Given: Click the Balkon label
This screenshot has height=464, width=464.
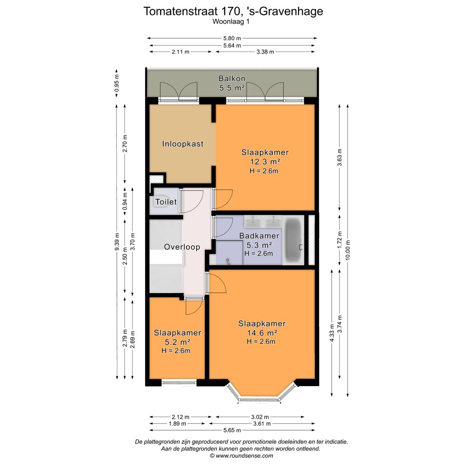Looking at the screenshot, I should (232, 79).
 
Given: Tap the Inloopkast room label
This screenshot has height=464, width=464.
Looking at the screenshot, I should (183, 144).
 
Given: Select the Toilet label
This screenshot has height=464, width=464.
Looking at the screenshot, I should (166, 201).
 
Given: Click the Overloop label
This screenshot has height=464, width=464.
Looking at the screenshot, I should (182, 247).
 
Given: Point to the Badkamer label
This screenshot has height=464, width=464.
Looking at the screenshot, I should (259, 236).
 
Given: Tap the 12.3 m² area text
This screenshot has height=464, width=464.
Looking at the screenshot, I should (265, 162).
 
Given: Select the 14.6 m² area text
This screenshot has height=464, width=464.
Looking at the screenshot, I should (262, 333).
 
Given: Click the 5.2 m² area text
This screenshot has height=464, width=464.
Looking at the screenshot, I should (177, 342).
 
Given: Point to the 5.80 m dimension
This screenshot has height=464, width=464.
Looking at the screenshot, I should (232, 38).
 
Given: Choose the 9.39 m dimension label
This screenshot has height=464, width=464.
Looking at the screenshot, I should (117, 244).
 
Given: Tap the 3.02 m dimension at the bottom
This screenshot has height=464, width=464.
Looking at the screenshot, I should (260, 417).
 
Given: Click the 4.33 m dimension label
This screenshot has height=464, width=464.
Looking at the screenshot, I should (332, 333).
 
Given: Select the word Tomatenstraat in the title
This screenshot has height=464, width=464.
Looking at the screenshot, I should (180, 11).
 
